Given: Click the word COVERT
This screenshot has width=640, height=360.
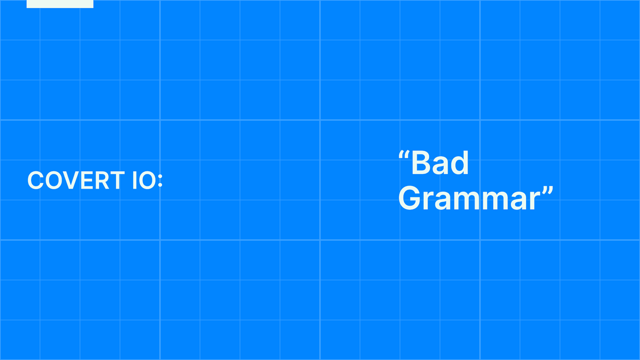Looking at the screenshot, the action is click(x=76, y=180).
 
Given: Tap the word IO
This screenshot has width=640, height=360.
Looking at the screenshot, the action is click(x=144, y=180).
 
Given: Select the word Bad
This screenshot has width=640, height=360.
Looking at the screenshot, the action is click(x=440, y=162).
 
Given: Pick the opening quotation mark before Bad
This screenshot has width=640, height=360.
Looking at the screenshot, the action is click(x=404, y=155).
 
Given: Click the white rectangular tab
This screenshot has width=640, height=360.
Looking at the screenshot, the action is click(x=60, y=4).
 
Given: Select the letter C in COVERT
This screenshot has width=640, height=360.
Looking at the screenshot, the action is click(x=36, y=180).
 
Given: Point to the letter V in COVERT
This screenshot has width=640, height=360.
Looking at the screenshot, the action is click(x=71, y=180).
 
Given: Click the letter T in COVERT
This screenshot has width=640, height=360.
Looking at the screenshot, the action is click(x=117, y=180).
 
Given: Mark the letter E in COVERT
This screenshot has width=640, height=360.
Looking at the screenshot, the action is click(x=87, y=180).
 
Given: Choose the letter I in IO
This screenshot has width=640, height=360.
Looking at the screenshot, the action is click(x=134, y=180).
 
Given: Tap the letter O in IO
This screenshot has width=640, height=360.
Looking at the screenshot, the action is click(x=148, y=180).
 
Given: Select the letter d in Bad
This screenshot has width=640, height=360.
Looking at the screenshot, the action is click(x=460, y=162).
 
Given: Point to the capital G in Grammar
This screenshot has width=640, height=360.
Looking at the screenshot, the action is click(x=409, y=198).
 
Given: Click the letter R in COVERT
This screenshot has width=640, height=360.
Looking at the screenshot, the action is click(x=102, y=180).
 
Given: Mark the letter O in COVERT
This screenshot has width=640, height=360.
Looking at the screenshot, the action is click(x=54, y=180).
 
